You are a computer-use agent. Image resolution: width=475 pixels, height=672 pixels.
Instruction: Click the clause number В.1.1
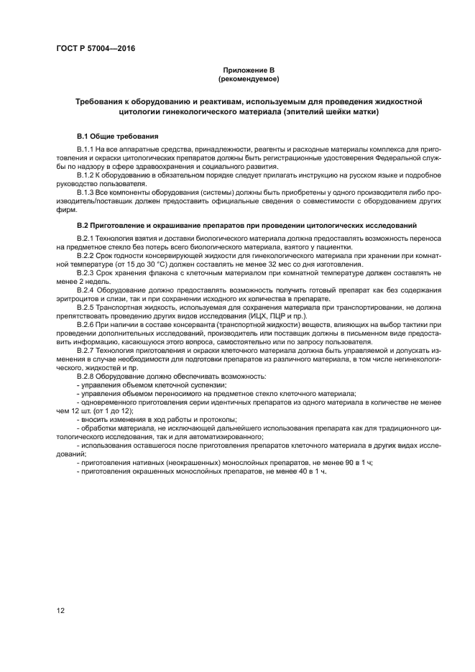coord(86,149)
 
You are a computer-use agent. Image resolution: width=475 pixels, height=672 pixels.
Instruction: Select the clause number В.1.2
coord(86,175)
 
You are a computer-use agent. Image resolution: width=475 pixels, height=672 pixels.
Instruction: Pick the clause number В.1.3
coord(86,192)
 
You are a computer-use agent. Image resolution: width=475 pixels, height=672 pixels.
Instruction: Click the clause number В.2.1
coord(86,237)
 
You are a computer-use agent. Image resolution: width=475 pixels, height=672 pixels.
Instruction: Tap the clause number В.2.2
coord(86,255)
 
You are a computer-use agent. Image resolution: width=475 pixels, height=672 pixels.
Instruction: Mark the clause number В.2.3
coord(86,273)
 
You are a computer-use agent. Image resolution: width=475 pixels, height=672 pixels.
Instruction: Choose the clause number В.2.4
coord(86,290)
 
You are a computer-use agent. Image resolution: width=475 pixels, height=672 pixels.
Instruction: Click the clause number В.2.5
coord(86,308)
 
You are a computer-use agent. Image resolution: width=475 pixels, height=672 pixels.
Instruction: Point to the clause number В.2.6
coord(86,325)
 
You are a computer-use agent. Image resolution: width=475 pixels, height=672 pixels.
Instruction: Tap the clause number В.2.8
coord(86,377)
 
